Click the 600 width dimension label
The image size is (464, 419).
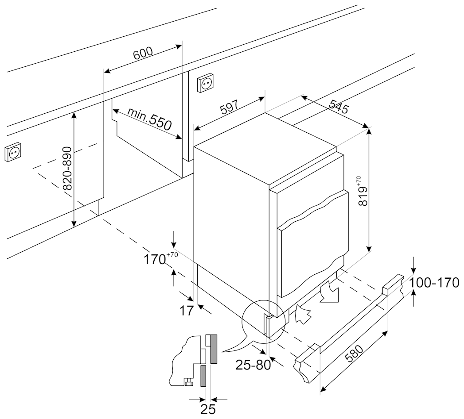tap(143, 53)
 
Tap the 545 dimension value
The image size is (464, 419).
tap(339, 108)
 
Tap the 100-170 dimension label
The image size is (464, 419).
tap(434, 283)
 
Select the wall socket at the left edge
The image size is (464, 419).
tap(13, 153)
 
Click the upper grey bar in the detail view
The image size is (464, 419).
tap(213, 348)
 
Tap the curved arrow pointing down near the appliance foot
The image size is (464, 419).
tap(329, 294)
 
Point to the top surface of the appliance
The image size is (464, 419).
tap(266, 146)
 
